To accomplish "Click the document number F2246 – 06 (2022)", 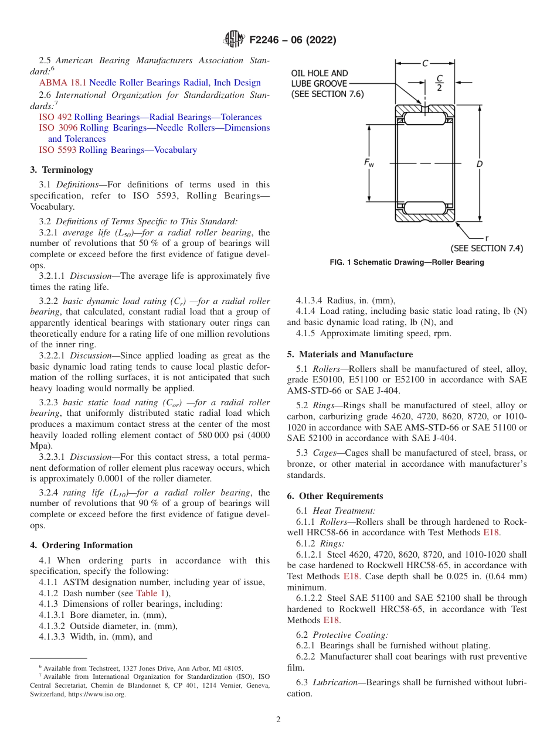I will click(x=292, y=40).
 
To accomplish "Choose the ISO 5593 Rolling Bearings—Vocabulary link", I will click(x=118, y=150).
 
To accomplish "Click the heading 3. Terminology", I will click(x=62, y=170).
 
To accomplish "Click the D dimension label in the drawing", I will click(x=479, y=164).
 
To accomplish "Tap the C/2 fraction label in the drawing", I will click(x=439, y=83).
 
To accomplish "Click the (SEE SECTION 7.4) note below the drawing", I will click(x=487, y=248).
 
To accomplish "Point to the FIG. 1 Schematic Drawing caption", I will click(x=407, y=262).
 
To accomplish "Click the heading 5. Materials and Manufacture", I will click(x=350, y=354).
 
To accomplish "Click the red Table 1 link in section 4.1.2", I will click(x=151, y=593).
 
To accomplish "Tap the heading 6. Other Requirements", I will click(x=335, y=496).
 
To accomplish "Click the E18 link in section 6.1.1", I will click(x=491, y=532).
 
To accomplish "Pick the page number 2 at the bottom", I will click(x=278, y=720).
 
